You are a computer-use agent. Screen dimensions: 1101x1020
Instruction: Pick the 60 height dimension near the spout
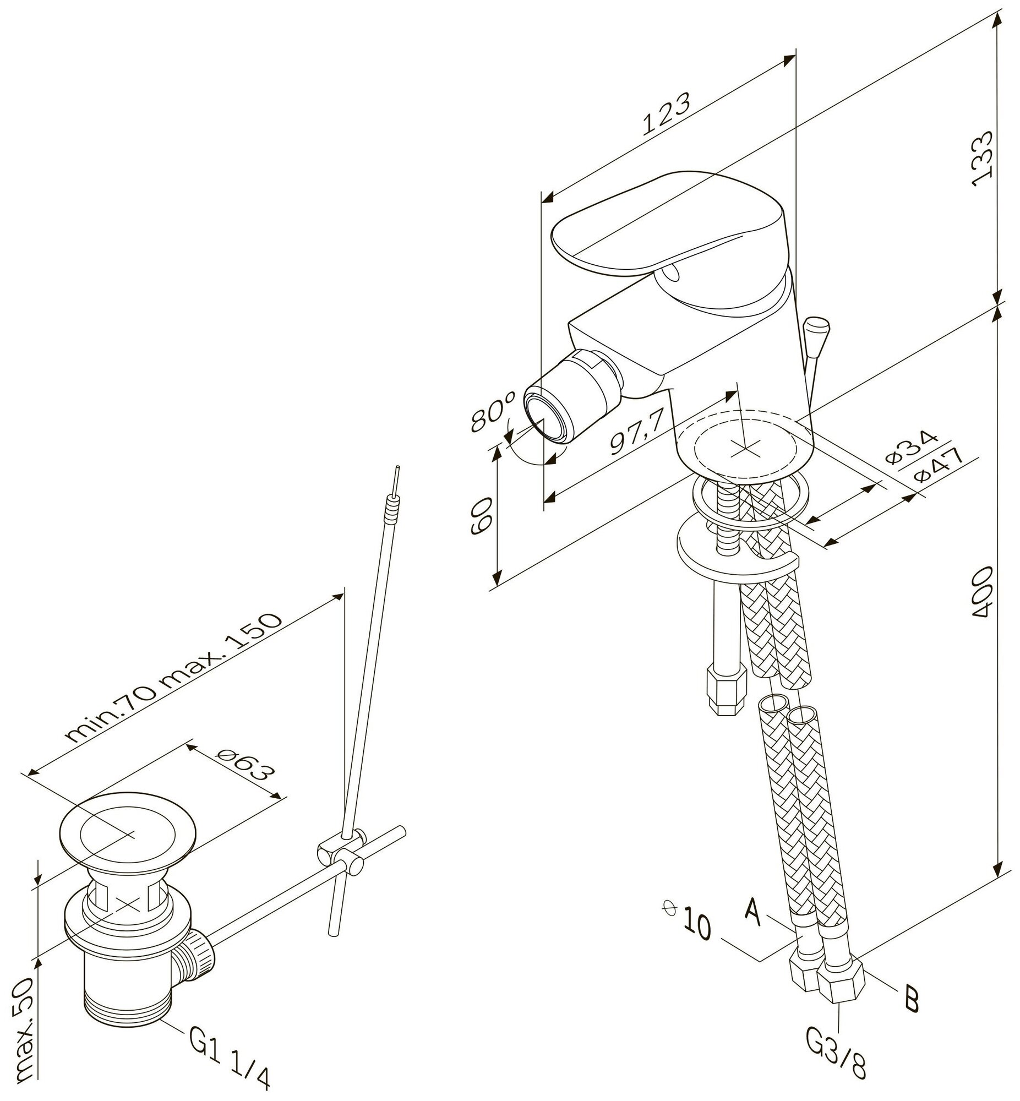[x=480, y=515]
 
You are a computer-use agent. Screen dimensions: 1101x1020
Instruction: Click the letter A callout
[x=755, y=909]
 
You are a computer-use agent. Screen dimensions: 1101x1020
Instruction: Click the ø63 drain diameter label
[x=244, y=770]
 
